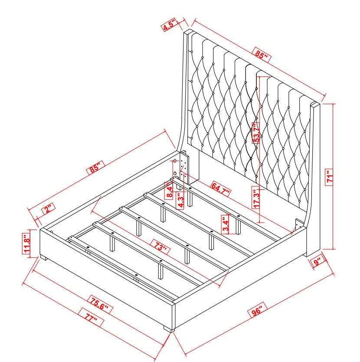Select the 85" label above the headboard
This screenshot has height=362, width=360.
[262, 55]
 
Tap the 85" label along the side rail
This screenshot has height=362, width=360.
[95, 167]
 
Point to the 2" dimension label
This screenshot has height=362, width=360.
[48, 209]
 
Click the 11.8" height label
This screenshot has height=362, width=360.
[26, 244]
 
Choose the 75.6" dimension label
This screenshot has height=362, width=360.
[100, 306]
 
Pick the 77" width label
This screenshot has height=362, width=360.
[91, 317]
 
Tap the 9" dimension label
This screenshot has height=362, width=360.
[317, 262]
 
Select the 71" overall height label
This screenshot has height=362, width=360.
[329, 177]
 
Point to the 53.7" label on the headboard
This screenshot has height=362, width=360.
[256, 133]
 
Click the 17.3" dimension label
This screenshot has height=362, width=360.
[256, 197]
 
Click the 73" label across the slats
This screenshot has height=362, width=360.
[160, 247]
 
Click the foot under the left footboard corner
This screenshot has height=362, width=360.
[44, 258]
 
